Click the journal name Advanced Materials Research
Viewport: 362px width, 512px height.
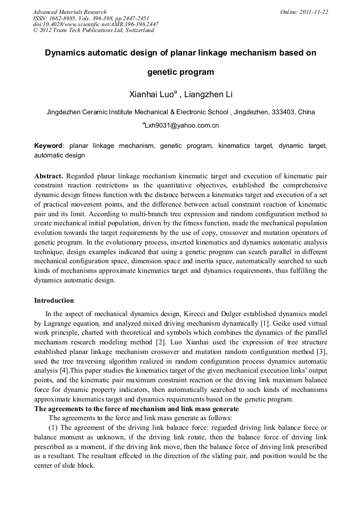[x=69, y=12]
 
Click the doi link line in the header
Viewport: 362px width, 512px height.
[x=96, y=24]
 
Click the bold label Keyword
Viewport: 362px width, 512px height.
[x=48, y=146]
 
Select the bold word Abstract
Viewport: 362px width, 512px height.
[x=49, y=176]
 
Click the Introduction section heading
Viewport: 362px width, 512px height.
[x=54, y=301]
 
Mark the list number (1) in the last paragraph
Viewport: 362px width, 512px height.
[x=54, y=428]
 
